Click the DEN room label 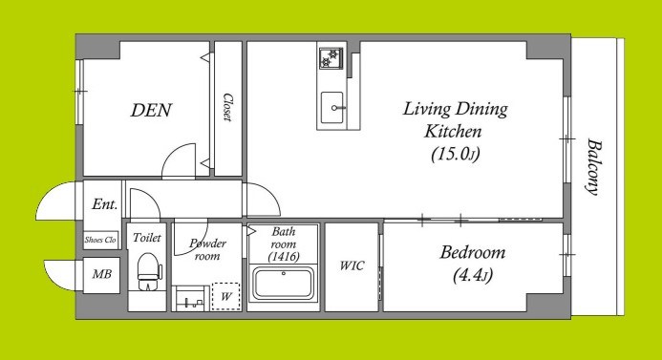coord(151,110)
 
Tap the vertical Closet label coord(228,108)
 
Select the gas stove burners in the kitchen coord(331,58)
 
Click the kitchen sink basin coord(331,108)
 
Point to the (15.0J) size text coord(456,154)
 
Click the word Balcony coord(593,167)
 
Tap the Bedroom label coord(473,252)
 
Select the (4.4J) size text coord(473,275)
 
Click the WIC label coord(352,265)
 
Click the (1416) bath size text coord(284,256)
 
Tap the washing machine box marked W coord(225,296)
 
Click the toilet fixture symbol coord(149,271)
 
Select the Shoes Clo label coord(100,240)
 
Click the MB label coord(102,274)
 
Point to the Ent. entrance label coord(105,204)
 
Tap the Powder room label coord(207,249)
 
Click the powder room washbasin coord(190,298)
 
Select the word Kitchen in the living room coord(453,131)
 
